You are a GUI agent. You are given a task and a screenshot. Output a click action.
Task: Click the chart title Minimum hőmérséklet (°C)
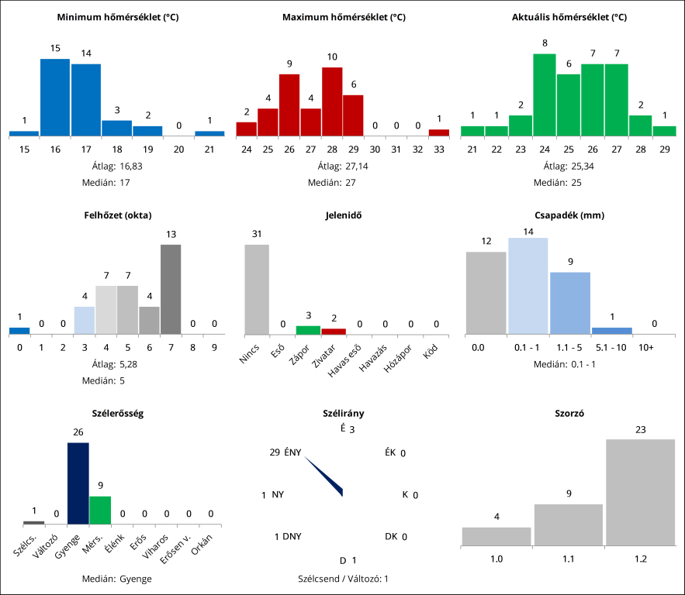pyautogui.click(x=119, y=16)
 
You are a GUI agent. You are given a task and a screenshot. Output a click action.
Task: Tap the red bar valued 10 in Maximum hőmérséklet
pyautogui.click(x=332, y=101)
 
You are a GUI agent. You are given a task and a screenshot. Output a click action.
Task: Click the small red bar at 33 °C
pyautogui.click(x=439, y=132)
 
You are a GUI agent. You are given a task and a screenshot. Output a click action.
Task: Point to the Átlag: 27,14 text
pyautogui.click(x=343, y=165)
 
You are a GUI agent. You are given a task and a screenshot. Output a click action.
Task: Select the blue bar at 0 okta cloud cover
pyautogui.click(x=19, y=331)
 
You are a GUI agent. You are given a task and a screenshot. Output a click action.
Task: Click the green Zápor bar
pyautogui.click(x=308, y=330)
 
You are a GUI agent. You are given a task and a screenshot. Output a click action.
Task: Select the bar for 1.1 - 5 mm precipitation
pyautogui.click(x=570, y=303)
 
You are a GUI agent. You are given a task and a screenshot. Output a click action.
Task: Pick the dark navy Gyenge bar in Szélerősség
pyautogui.click(x=78, y=483)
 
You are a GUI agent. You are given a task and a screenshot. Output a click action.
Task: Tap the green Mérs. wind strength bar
pyautogui.click(x=100, y=510)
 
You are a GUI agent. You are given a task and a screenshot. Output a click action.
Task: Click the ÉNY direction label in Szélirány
pyautogui.click(x=292, y=452)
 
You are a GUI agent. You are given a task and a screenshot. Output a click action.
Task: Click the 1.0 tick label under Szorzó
pyautogui.click(x=496, y=558)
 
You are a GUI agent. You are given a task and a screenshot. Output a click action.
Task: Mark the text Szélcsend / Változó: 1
pyautogui.click(x=343, y=578)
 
